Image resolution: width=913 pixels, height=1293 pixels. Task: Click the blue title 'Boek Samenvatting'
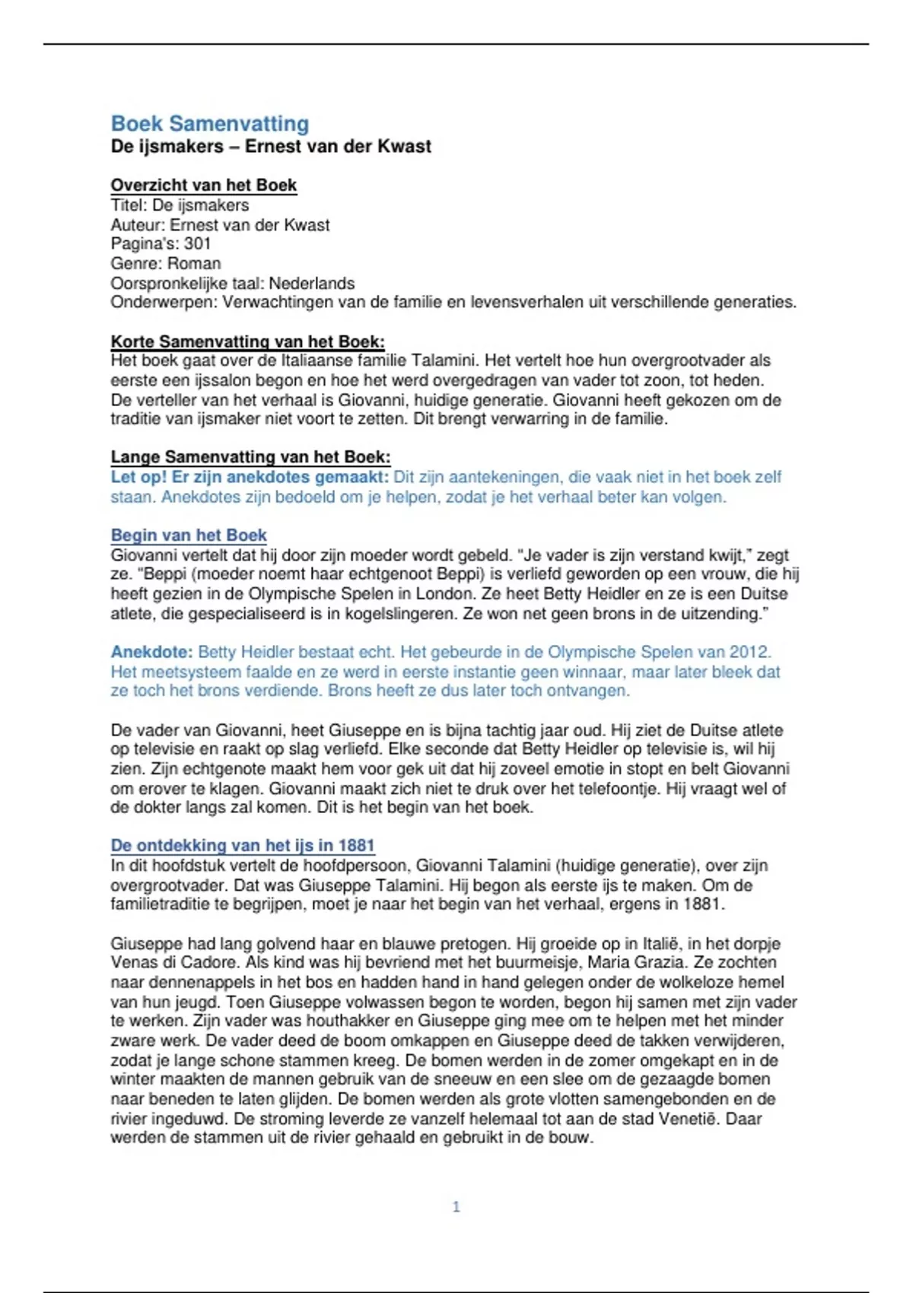click(210, 123)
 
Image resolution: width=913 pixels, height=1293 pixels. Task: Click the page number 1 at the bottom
click(456, 1206)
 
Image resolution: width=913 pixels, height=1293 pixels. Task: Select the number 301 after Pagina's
click(197, 244)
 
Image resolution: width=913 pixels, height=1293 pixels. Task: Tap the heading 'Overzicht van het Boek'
click(203, 186)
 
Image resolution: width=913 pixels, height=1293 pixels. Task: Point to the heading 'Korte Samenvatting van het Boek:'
click(247, 342)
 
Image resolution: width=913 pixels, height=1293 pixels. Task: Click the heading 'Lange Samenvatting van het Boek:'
click(250, 457)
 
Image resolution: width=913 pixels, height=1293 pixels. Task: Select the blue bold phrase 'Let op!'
click(138, 478)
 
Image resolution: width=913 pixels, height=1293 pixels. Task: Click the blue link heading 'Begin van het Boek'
click(189, 535)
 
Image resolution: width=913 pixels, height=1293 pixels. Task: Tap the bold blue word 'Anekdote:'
click(151, 653)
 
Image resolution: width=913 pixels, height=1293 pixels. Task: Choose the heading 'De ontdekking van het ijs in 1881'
click(242, 846)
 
